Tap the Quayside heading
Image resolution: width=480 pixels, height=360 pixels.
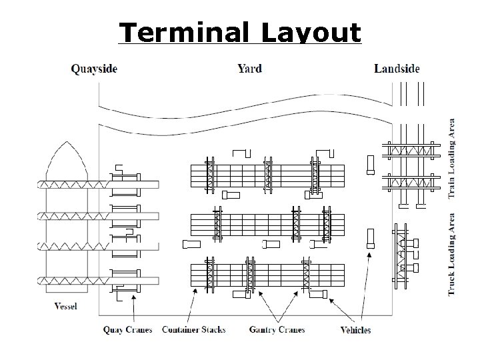click(94, 68)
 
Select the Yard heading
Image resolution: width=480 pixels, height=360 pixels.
click(249, 68)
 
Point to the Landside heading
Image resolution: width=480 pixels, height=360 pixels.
click(397, 68)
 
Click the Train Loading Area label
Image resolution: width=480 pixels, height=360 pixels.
click(453, 158)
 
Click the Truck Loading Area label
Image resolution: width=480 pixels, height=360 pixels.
click(453, 254)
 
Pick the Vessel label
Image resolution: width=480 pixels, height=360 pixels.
click(65, 307)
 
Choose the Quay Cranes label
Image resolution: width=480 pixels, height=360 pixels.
click(127, 329)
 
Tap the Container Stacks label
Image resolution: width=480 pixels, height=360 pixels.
click(193, 329)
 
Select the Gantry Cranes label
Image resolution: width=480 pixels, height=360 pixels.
click(277, 329)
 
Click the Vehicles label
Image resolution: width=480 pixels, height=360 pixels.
click(355, 329)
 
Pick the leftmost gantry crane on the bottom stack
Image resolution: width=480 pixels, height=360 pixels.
click(211, 276)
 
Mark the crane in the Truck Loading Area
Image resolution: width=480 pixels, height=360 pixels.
click(401, 252)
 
